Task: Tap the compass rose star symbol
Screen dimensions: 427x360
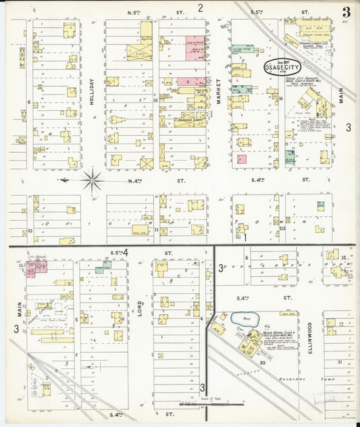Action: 92,180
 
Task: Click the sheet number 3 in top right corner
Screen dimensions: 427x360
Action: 346,11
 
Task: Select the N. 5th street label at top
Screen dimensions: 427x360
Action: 135,12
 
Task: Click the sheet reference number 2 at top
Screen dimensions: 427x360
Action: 201,8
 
